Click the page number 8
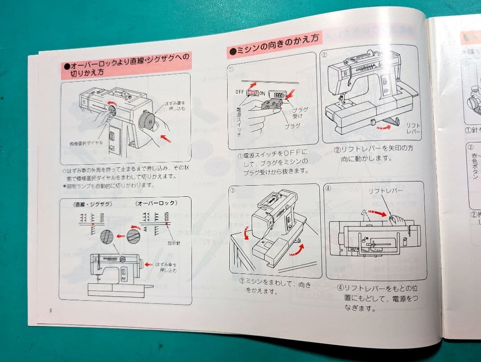[51, 310]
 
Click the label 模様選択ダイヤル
[86, 142]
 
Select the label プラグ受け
[299, 112]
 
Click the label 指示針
[174, 243]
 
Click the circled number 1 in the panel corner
[232, 69]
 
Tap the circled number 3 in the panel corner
[232, 190]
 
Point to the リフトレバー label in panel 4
[385, 191]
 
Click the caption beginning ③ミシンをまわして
[275, 287]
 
